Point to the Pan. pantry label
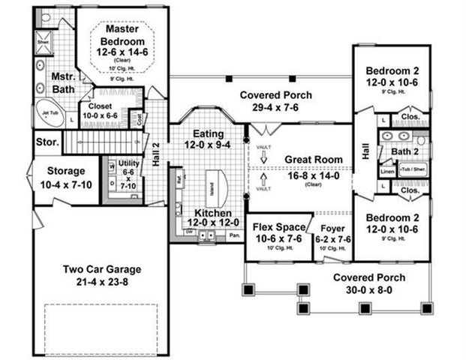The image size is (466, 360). pos(234,235)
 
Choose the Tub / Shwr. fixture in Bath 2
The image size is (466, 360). pos(413,169)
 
